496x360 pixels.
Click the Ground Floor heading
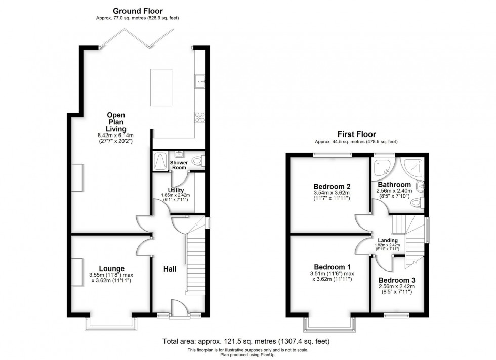click(x=138, y=11)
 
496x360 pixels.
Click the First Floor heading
click(x=356, y=134)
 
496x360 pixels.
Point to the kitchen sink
click(x=200, y=81)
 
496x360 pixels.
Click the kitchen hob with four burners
click(x=200, y=117)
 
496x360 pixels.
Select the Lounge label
click(x=112, y=268)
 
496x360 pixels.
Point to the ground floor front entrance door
click(x=178, y=308)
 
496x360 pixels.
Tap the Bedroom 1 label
click(x=331, y=267)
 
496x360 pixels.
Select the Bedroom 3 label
click(x=397, y=280)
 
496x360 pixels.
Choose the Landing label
click(x=388, y=240)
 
